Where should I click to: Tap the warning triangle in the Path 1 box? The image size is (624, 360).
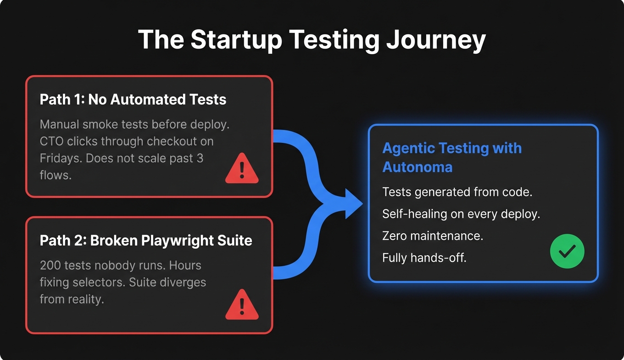(x=242, y=169)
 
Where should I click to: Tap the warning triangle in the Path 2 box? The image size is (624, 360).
(x=242, y=304)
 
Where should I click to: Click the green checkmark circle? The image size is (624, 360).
(x=567, y=251)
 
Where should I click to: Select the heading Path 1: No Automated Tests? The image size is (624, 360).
(x=133, y=100)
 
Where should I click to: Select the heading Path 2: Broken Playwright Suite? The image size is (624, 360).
(x=146, y=241)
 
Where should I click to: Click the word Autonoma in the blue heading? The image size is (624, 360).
(x=418, y=167)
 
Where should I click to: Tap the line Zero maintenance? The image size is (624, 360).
(x=433, y=236)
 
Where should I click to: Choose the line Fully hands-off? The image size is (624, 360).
(x=424, y=258)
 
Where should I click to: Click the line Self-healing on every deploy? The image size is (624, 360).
(x=461, y=214)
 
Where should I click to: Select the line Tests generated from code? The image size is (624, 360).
(x=457, y=192)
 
